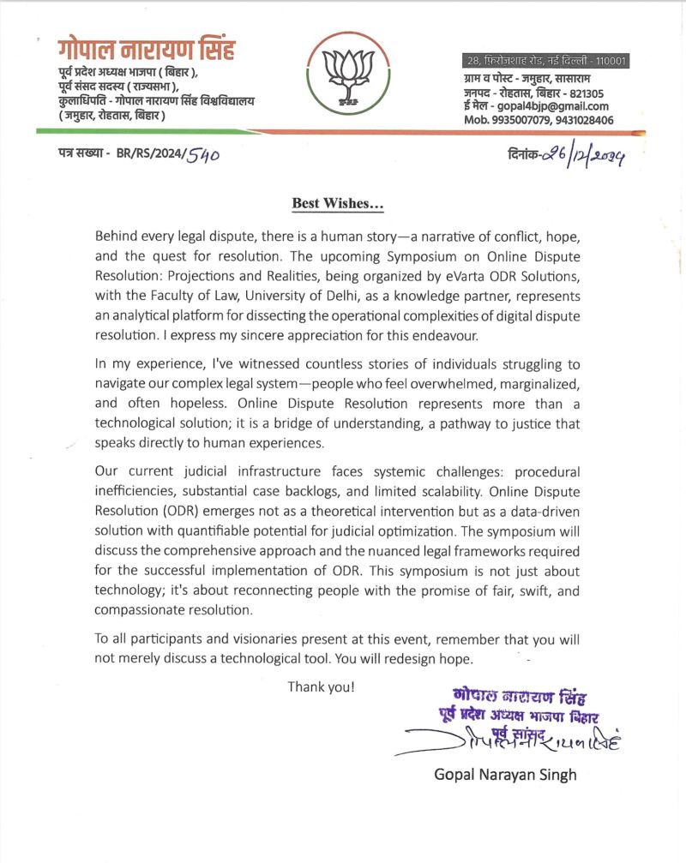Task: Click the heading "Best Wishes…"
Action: pyautogui.click(x=338, y=203)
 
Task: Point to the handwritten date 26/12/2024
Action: pyautogui.click(x=576, y=156)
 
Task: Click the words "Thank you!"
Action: pyautogui.click(x=321, y=686)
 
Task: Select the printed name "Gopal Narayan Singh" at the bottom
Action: pyautogui.click(x=505, y=775)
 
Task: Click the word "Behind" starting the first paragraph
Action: pyautogui.click(x=116, y=236)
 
